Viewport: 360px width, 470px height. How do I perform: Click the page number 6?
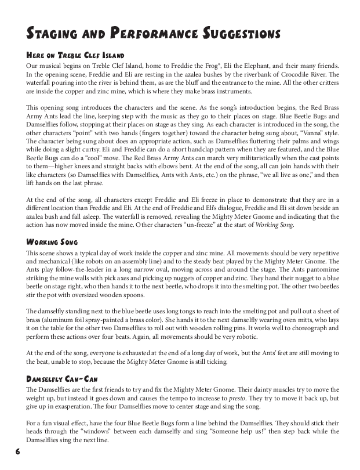[19, 451]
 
